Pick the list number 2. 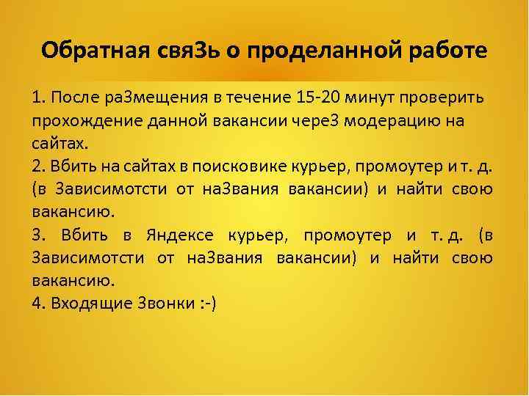point(37,165)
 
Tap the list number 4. point(37,304)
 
